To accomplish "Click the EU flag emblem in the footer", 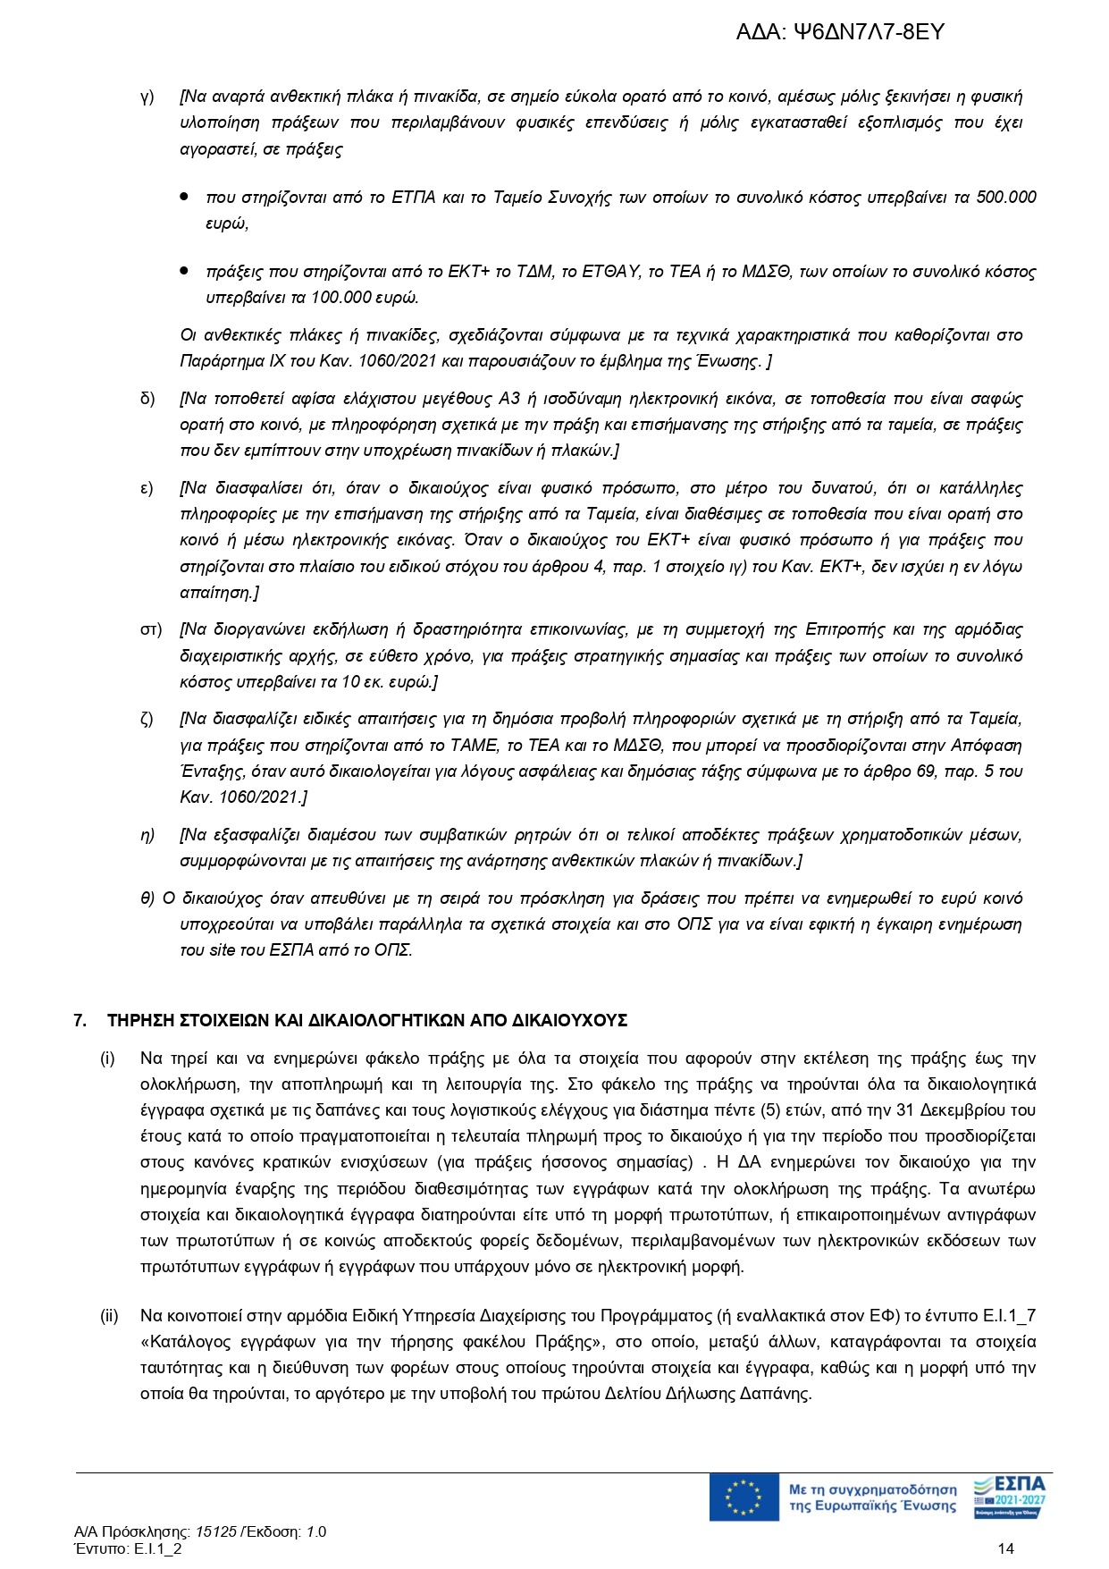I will [744, 1497].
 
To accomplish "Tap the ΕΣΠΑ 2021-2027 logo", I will [1009, 1497].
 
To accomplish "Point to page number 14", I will [1006, 1548].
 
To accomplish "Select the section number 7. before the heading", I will [80, 1020].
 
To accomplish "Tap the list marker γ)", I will [147, 97].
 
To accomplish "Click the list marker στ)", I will [151, 629].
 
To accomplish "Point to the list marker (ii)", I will [109, 1316].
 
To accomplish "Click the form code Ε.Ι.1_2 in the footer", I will [157, 1548].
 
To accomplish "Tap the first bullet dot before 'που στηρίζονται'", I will [184, 196].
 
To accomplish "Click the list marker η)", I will [147, 835].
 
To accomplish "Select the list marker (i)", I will [107, 1059].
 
